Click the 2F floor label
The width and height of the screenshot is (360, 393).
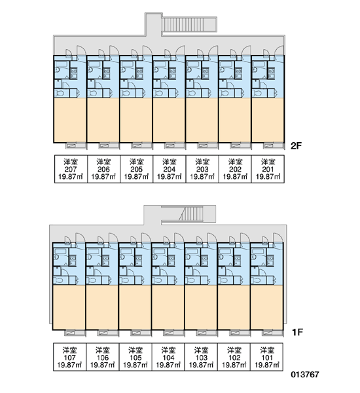pos(297,145)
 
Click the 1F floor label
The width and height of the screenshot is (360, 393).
pos(297,332)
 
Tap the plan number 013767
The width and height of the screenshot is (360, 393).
pos(305,375)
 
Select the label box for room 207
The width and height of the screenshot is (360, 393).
pos(71,169)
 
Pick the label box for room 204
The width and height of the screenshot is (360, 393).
pos(170,169)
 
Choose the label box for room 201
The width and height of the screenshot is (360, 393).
pos(268,169)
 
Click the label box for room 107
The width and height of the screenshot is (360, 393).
pos(69,357)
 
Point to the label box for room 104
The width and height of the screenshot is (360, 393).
pos(168,357)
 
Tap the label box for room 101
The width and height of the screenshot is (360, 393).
pos(267,357)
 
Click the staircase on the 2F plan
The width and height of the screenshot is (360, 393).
pos(189,24)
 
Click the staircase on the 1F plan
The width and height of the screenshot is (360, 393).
pos(191,214)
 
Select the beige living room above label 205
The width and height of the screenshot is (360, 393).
pos(136,121)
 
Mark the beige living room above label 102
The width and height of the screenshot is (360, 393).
pos(234,308)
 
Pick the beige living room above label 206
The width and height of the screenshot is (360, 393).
pos(103,121)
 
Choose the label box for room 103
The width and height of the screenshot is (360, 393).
pos(201,357)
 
